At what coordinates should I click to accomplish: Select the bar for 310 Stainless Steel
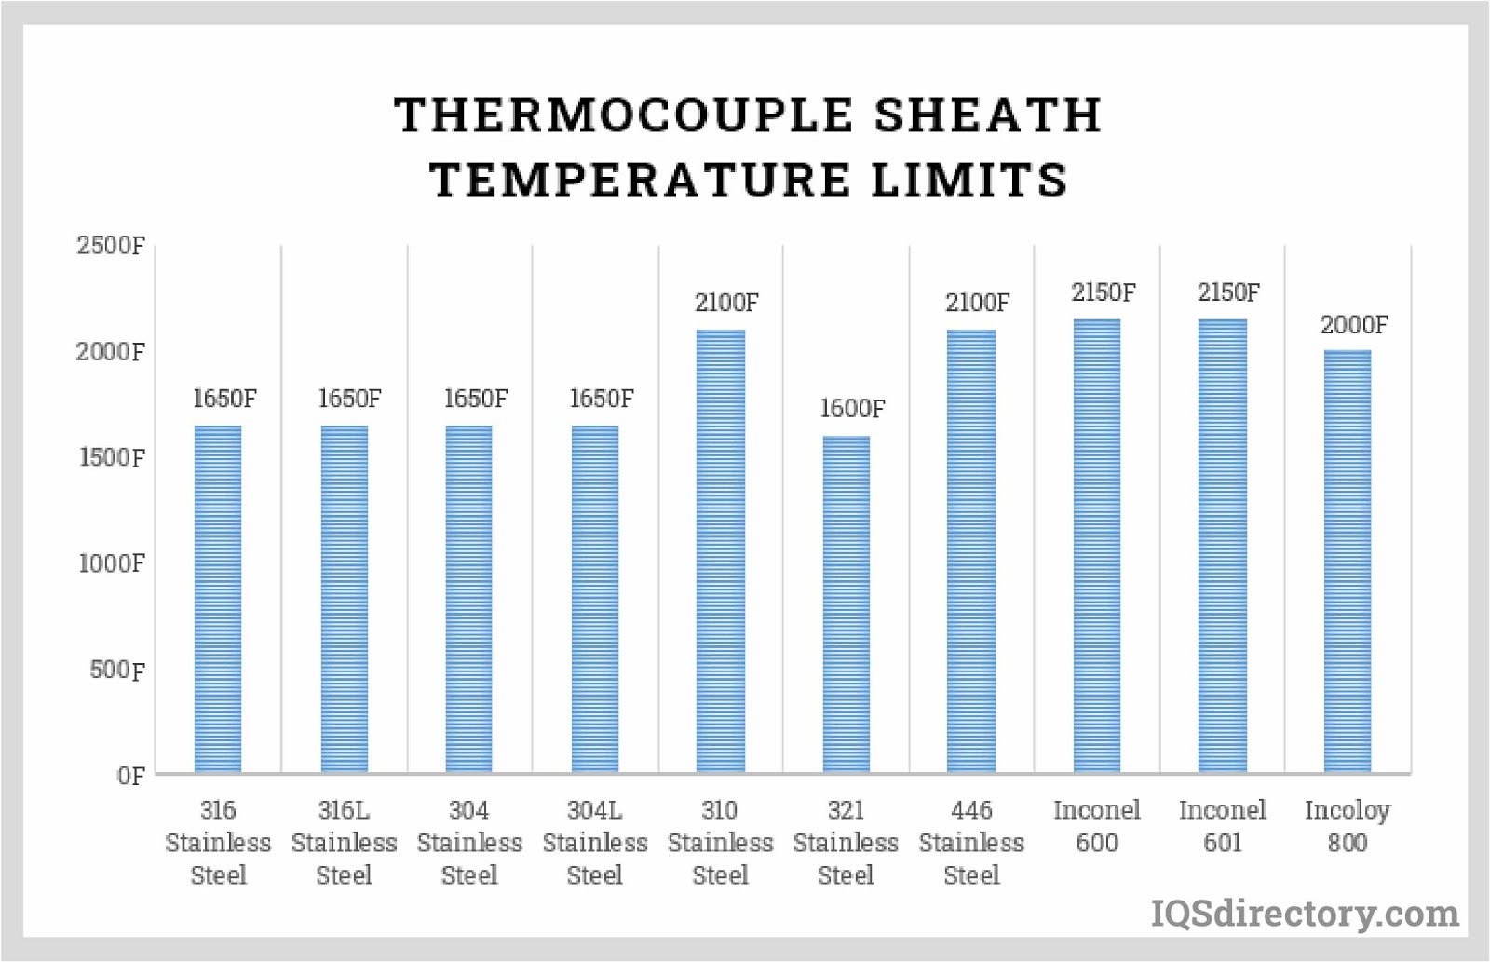(720, 551)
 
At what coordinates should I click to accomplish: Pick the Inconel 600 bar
(1097, 546)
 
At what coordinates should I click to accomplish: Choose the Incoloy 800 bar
(1348, 562)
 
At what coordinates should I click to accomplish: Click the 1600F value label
(852, 409)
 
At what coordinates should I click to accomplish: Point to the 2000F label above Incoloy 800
(1353, 325)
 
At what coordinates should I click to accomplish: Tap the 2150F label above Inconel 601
(1228, 292)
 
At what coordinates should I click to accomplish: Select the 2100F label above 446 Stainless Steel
(977, 303)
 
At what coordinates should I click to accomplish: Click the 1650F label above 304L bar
(601, 399)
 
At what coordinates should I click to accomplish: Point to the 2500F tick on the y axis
(111, 246)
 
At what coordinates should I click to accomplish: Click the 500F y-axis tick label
(117, 670)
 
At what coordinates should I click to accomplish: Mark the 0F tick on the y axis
(131, 776)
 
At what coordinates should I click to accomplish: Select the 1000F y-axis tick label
(112, 563)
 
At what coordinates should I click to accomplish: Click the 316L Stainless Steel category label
(344, 843)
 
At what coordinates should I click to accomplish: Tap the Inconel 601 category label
(1223, 826)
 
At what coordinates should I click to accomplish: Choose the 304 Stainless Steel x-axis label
(469, 843)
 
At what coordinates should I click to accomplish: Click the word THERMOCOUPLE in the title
(622, 115)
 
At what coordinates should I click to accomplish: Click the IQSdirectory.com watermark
(1305, 914)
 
